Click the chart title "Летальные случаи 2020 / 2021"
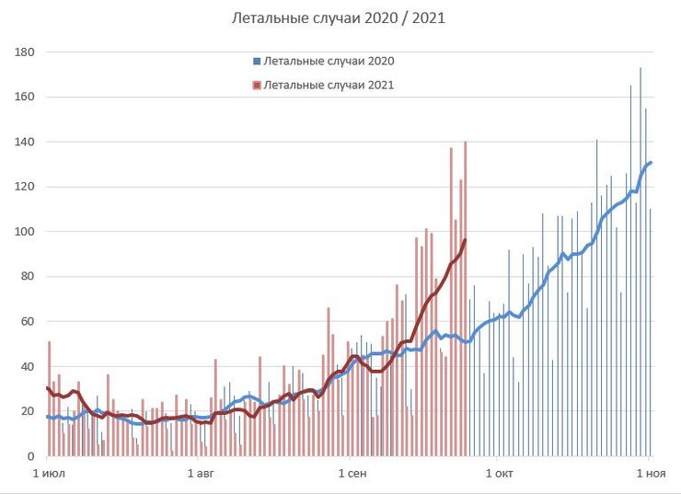pyautogui.click(x=340, y=17)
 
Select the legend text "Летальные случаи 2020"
pyautogui.click(x=329, y=62)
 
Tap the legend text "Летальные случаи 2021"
pyautogui.click(x=329, y=85)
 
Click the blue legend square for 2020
pyautogui.click(x=256, y=62)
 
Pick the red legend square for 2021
pyautogui.click(x=256, y=85)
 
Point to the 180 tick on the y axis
pyautogui.click(x=25, y=52)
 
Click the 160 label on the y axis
pyautogui.click(x=25, y=98)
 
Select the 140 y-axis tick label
pyautogui.click(x=25, y=143)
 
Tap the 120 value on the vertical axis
pyautogui.click(x=25, y=188)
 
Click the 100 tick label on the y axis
pyautogui.click(x=25, y=232)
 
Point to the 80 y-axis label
pyautogui.click(x=28, y=277)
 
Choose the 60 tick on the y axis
pyautogui.click(x=28, y=322)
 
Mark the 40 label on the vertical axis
pyautogui.click(x=28, y=367)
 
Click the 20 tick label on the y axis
pyautogui.click(x=28, y=411)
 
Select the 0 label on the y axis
pyautogui.click(x=30, y=456)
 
